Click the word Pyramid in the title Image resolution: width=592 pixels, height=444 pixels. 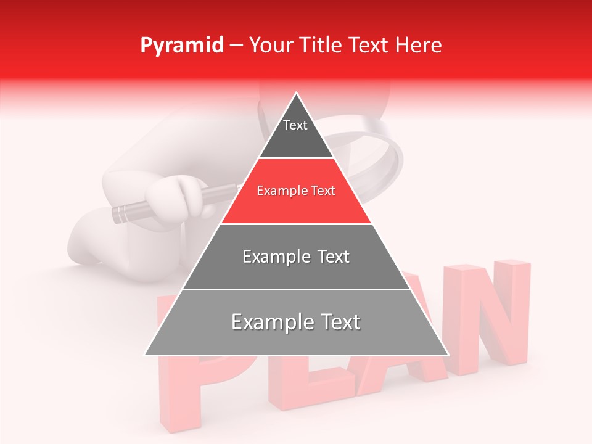[182, 46]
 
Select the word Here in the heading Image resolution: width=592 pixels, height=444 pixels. [418, 46]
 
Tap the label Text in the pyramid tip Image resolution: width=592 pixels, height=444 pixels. [295, 125]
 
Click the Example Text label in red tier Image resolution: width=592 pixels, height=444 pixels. [296, 191]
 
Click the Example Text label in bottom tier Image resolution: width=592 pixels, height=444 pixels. [296, 322]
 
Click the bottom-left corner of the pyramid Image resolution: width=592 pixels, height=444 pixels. [146, 355]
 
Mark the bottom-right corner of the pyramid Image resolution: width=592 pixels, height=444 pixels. [448, 355]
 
